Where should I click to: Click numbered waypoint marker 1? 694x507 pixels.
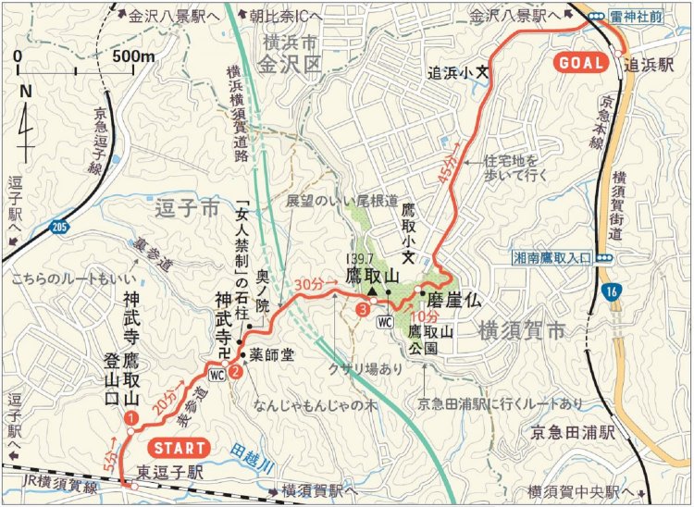tap(130, 418)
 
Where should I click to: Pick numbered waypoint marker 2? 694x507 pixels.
tap(236, 372)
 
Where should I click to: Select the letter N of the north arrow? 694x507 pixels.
tap(25, 91)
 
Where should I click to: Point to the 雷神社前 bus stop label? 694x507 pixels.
tap(649, 15)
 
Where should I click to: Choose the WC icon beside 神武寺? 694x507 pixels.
tap(217, 375)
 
